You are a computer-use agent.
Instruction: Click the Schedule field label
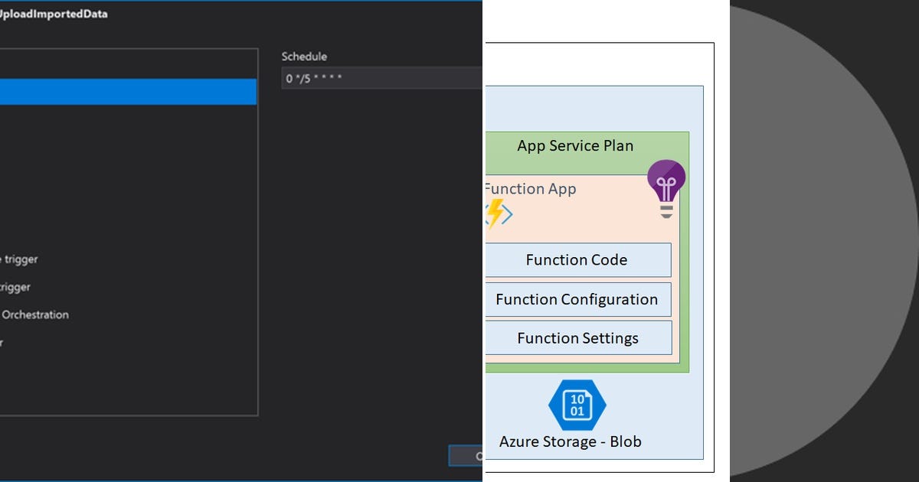pos(304,57)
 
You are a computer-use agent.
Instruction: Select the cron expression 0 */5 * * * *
pos(314,79)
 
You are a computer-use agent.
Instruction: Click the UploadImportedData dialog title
pos(54,15)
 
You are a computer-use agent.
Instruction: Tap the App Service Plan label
pos(575,145)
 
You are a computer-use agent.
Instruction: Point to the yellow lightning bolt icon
pos(496,214)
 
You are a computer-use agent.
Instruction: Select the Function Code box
pos(577,260)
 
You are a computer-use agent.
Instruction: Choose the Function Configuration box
pos(577,299)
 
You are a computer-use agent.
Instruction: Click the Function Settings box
pos(577,338)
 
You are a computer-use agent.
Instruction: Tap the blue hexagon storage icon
pos(577,405)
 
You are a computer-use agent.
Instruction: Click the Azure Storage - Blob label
pos(570,441)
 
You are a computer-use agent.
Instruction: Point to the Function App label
pos(530,189)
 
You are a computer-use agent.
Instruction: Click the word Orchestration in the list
pos(35,314)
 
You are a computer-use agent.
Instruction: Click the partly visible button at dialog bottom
pos(466,456)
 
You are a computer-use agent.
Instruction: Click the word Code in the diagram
pos(610,260)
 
